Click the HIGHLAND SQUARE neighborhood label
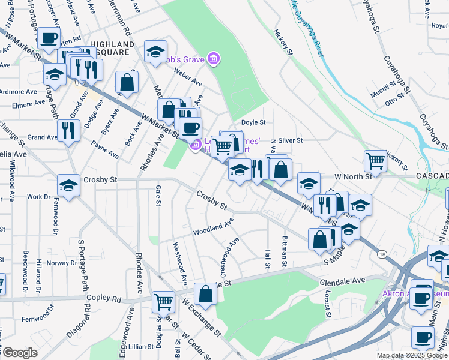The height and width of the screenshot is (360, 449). pos(112,49)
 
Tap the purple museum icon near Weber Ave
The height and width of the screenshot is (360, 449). pos(213,59)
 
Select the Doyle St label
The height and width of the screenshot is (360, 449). pos(253,122)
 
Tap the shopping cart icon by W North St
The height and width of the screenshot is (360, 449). pos(375,160)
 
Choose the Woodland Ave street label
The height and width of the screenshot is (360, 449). pos(213,229)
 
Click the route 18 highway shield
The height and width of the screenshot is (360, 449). pos(382,254)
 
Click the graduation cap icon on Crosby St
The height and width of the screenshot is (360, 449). pos(68,186)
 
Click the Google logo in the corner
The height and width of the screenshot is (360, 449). pos(20,353)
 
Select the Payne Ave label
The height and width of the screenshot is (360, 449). pos(106,150)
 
